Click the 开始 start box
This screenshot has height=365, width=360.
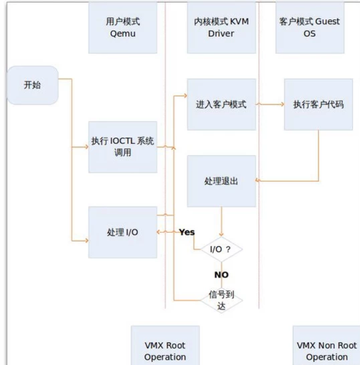(32, 86)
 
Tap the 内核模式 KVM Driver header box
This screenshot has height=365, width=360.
(221, 27)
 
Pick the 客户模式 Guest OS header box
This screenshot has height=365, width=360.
(310, 27)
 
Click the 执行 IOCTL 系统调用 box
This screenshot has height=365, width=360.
(122, 147)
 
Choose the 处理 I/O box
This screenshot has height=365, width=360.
(122, 232)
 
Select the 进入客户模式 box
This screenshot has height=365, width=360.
(221, 104)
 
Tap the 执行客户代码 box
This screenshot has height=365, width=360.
(318, 104)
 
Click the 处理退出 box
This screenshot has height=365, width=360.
(221, 181)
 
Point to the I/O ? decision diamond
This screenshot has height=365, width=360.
(221, 249)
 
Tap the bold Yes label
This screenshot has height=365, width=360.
(187, 232)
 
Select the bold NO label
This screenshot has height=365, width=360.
(221, 275)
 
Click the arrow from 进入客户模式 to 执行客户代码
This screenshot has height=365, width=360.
(270, 104)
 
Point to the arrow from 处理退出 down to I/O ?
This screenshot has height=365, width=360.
(221, 222)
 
